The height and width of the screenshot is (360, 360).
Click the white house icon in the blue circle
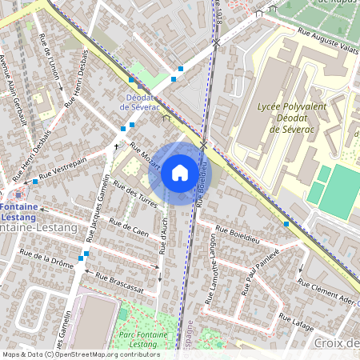[x=180, y=172]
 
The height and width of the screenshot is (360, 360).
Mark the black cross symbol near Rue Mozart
[x=117, y=147]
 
